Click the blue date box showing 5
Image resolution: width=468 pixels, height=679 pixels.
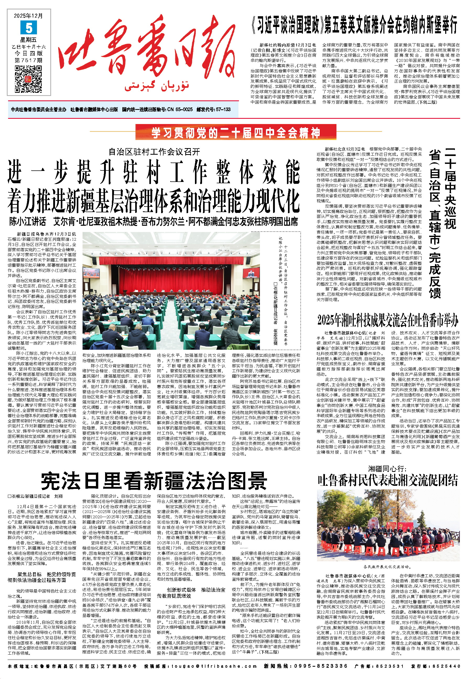click(x=29, y=27)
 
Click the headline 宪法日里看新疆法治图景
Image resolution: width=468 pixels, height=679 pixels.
click(x=154, y=481)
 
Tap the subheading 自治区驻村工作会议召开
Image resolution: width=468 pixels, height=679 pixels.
click(x=154, y=152)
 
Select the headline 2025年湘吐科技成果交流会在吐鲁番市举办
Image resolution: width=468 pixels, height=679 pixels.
click(x=387, y=320)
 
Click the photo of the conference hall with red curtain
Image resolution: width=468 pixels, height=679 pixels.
click(x=171, y=290)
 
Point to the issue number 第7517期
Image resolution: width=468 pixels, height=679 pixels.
click(x=29, y=60)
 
